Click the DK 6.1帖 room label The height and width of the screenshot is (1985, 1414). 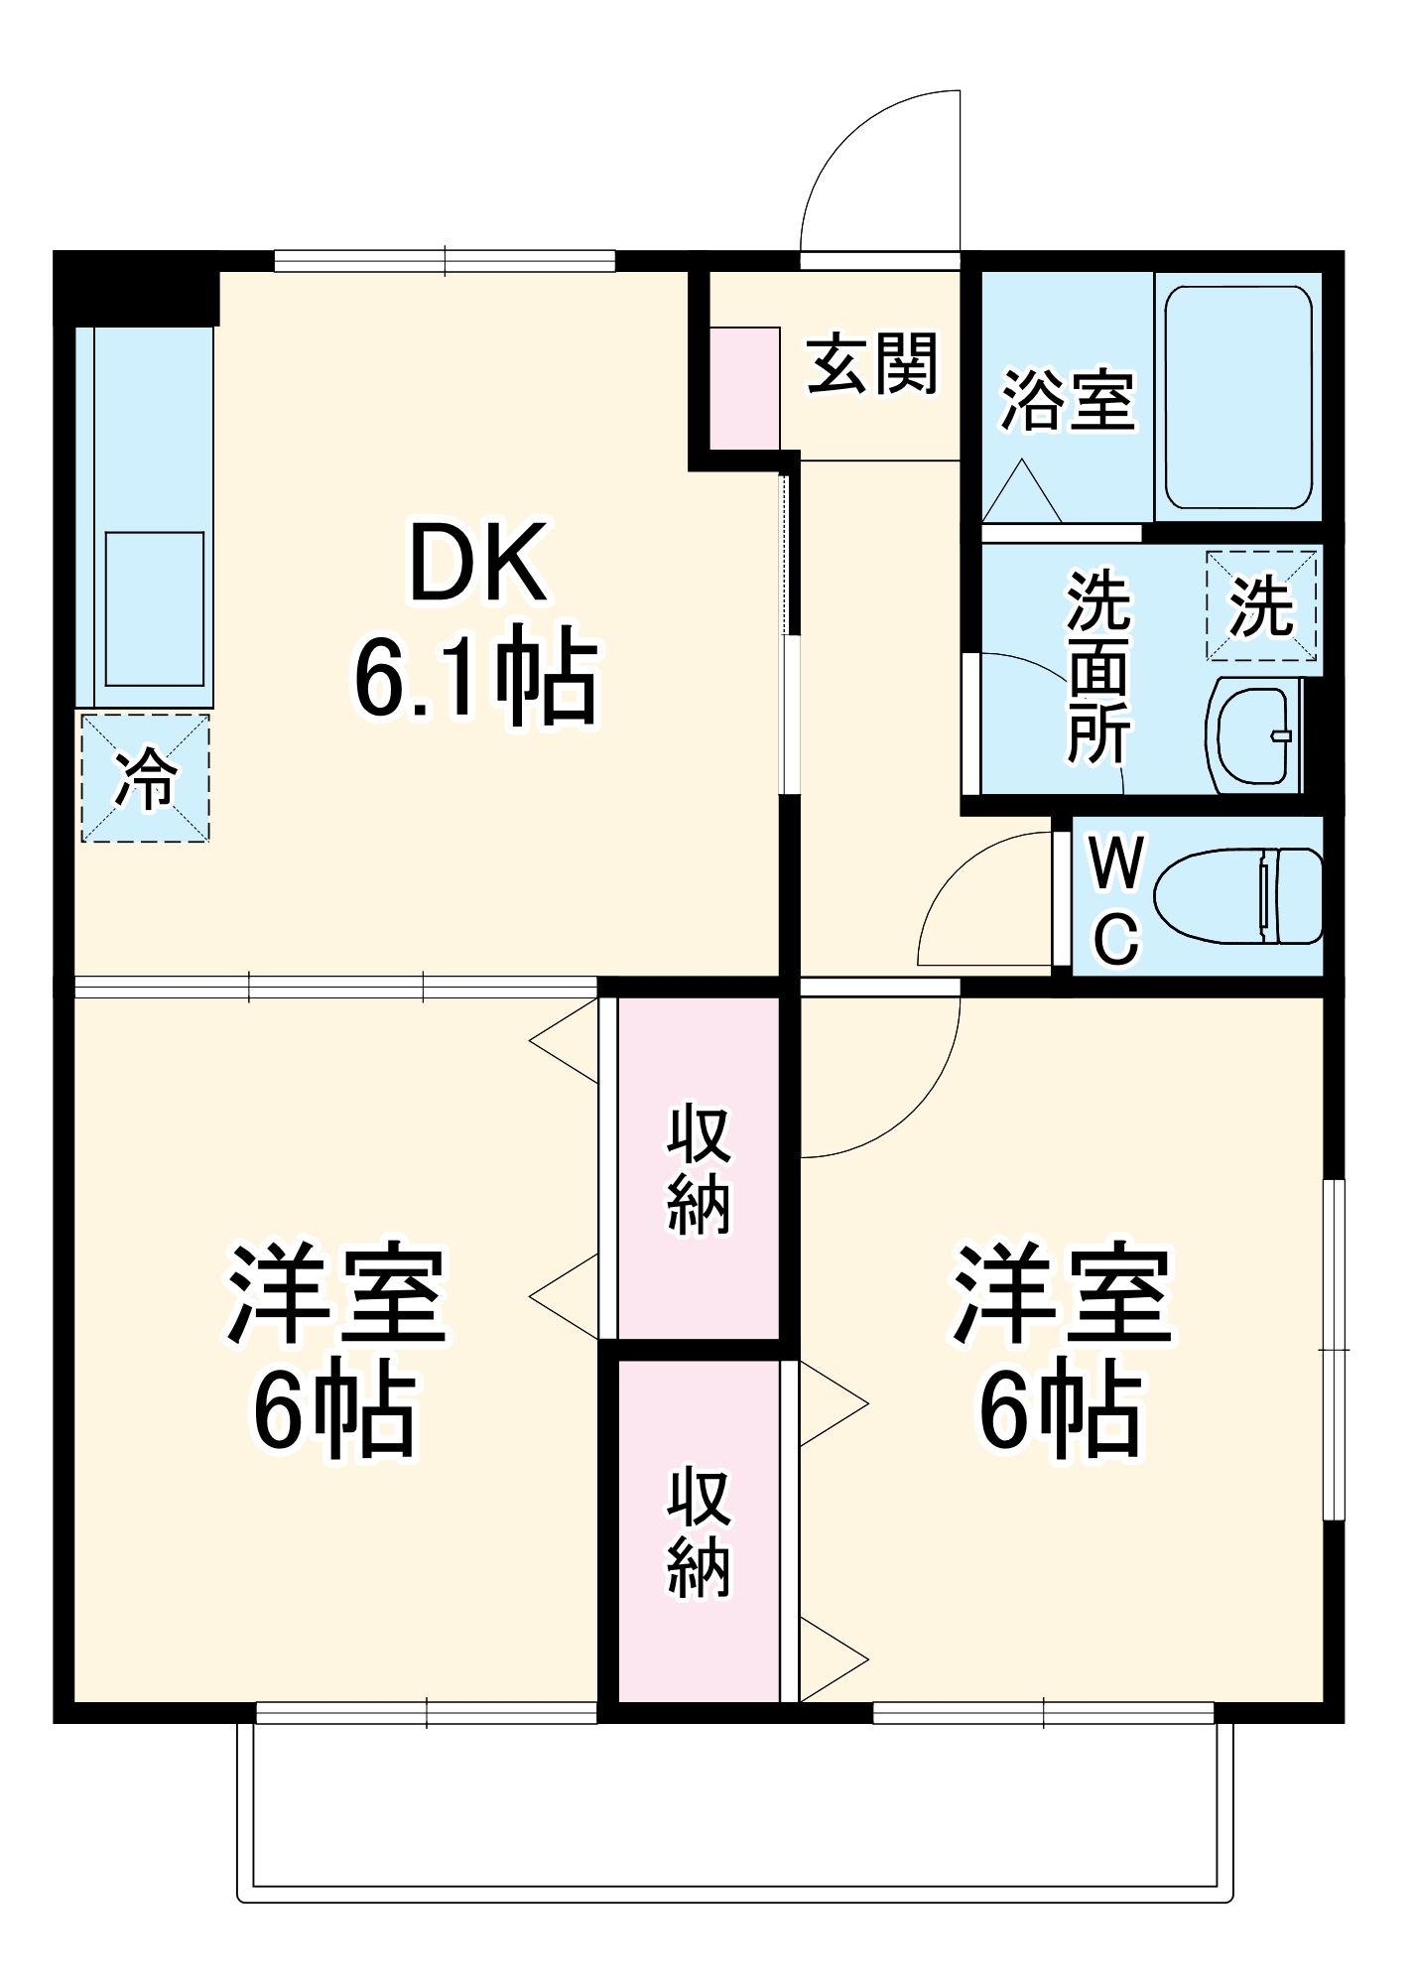pos(476,620)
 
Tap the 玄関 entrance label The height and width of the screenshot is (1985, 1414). pos(871,364)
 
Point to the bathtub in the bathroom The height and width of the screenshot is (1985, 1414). pos(1238,397)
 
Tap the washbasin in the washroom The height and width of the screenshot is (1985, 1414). pos(1255,735)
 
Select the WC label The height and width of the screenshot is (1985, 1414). pos(1116,901)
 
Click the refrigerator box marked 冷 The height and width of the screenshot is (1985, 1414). pos(146,778)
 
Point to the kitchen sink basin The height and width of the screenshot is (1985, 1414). pos(155,607)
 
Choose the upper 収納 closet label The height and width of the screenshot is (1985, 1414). pos(699,1171)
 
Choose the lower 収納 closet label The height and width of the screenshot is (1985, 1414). pos(699,1534)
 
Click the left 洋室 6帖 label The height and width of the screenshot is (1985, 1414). pos(335,1350)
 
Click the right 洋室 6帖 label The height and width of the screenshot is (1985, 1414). pos(1062,1350)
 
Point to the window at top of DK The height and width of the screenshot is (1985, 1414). pos(445,261)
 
